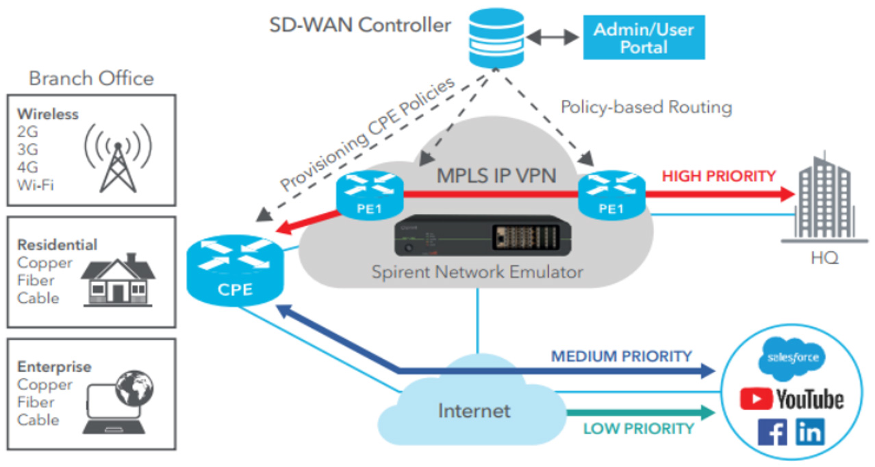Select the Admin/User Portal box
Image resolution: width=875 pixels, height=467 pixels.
644,38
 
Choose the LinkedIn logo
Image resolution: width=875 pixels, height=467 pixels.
810,432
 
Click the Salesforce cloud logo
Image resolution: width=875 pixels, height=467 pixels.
792,358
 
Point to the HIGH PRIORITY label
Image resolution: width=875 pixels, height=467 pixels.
719,176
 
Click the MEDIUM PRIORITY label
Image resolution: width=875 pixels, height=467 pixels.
622,357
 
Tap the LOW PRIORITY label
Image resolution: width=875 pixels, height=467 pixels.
639,429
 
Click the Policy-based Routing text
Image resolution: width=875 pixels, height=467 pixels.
646,108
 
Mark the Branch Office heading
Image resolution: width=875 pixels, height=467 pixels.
91,78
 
